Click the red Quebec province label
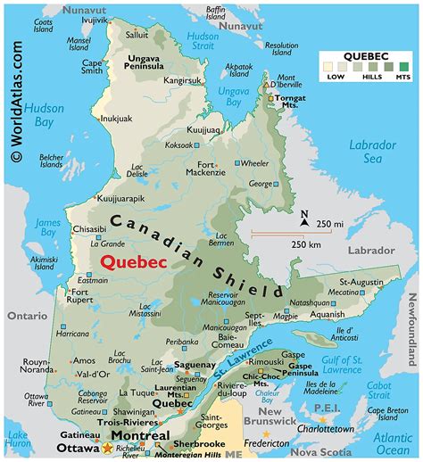(x=135, y=261)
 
